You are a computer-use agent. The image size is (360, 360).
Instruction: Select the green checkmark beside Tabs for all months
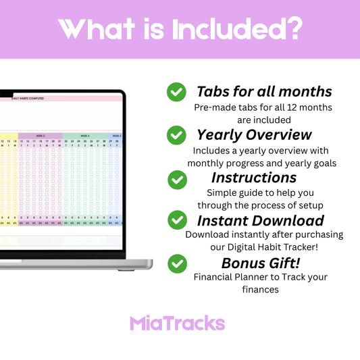176,92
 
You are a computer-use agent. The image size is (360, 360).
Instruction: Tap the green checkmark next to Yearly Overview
176,135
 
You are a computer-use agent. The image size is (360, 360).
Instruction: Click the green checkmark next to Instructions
176,179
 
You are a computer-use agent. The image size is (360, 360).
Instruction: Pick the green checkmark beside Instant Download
176,220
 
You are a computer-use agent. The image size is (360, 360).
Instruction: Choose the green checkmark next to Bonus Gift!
176,263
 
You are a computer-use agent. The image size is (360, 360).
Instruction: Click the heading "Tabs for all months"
264,91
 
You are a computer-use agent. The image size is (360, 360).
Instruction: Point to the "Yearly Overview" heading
254,134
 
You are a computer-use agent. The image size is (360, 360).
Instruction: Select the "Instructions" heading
254,178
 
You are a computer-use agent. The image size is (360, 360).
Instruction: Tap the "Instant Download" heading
261,220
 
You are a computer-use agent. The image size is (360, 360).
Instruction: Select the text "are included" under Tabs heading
263,120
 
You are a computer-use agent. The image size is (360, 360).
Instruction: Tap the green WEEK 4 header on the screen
85,135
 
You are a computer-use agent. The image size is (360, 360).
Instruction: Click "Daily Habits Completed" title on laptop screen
28,99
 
